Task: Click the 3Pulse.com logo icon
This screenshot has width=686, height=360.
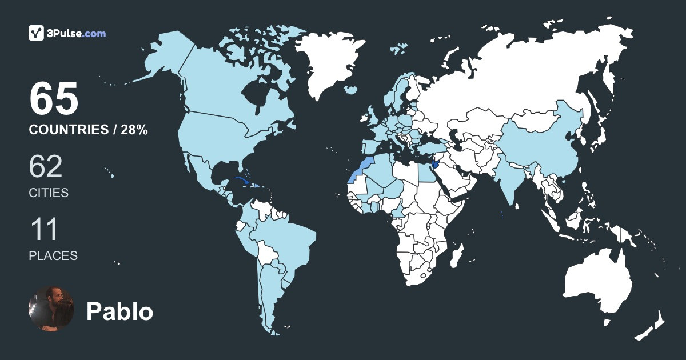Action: pyautogui.click(x=37, y=33)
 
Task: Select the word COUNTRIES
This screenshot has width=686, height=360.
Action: pyautogui.click(x=69, y=130)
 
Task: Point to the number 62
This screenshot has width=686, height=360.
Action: pyautogui.click(x=46, y=167)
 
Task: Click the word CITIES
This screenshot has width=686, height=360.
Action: pyautogui.click(x=49, y=193)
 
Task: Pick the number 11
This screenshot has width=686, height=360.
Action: pyautogui.click(x=44, y=230)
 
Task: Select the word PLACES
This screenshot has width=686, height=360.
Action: pyautogui.click(x=53, y=256)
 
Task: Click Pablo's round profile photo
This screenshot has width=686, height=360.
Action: pyautogui.click(x=51, y=309)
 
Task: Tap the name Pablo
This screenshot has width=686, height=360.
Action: pyautogui.click(x=119, y=311)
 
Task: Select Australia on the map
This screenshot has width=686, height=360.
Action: pyautogui.click(x=597, y=280)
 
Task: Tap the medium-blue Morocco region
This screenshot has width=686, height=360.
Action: pyautogui.click(x=361, y=164)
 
